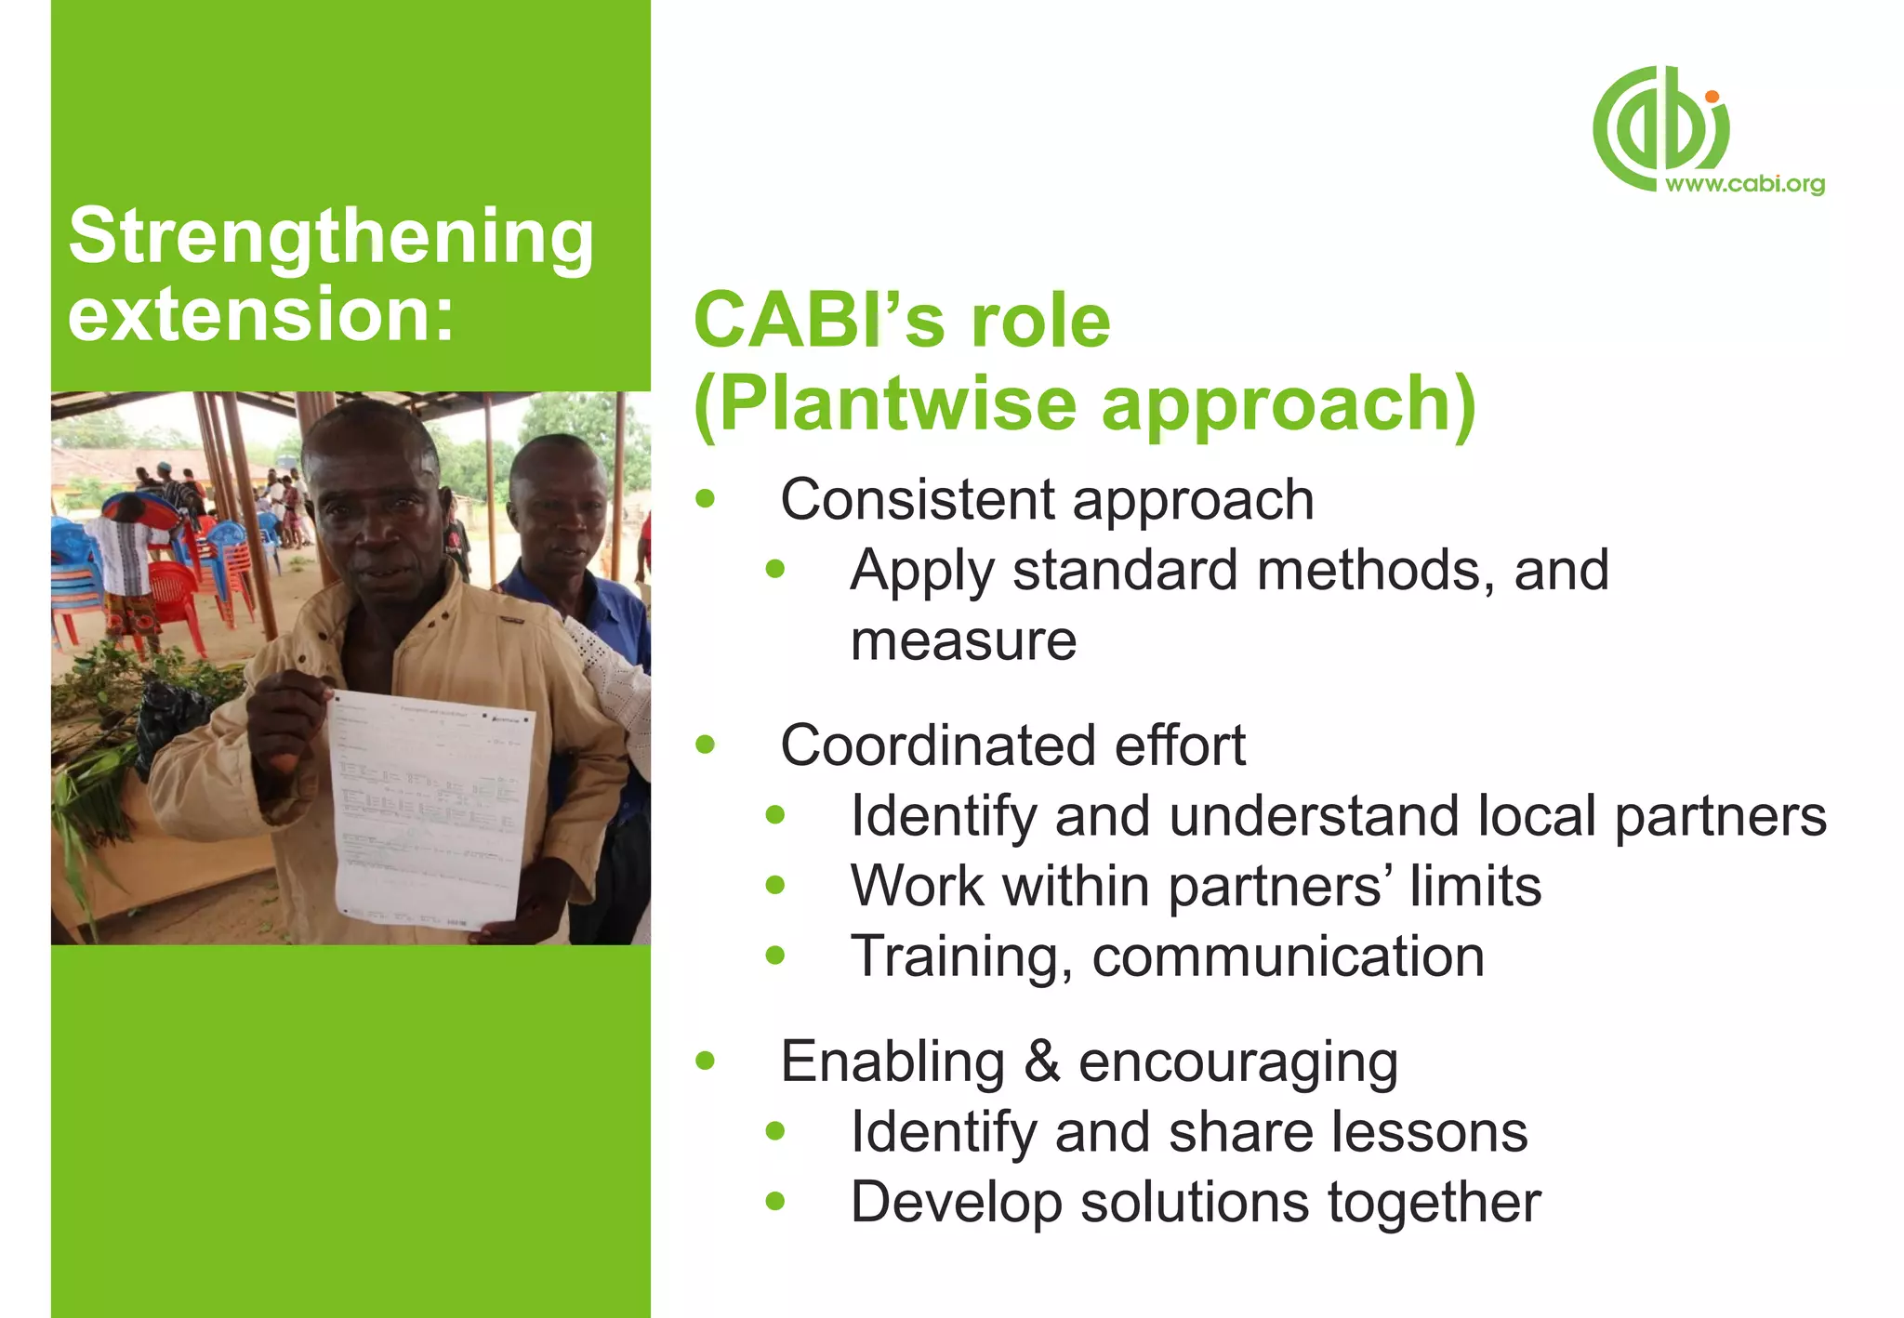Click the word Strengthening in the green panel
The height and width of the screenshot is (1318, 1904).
tap(330, 237)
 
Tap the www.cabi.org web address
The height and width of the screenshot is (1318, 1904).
tap(1745, 183)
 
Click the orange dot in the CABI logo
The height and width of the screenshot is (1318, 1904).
tap(1712, 97)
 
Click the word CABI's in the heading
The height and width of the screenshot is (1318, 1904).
tap(817, 321)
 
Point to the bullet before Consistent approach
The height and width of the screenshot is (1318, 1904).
tap(706, 499)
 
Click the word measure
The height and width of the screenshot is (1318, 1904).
tap(963, 640)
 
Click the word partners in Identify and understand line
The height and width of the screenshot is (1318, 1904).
tap(1720, 816)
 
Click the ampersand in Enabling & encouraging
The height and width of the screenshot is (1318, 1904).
tap(1041, 1061)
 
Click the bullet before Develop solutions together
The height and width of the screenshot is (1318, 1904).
tap(775, 1202)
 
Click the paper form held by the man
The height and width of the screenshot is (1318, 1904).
tap(428, 809)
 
